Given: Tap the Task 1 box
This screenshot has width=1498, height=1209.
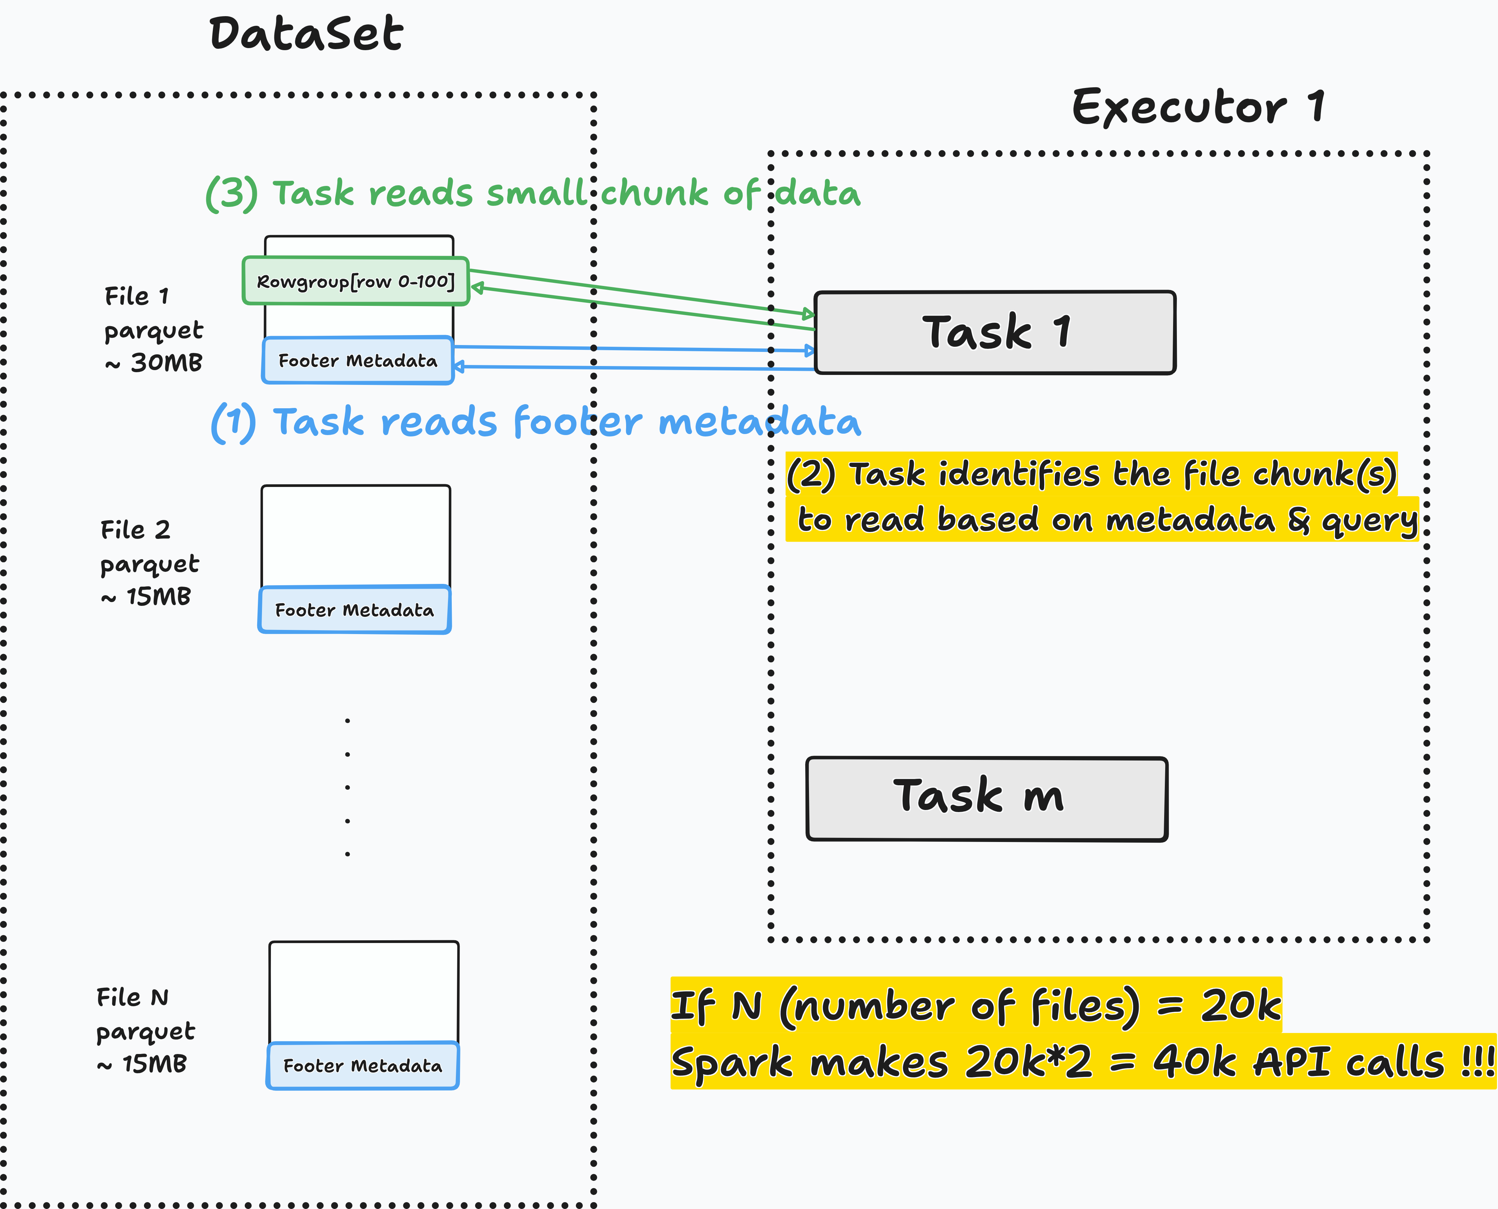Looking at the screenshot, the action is click(x=995, y=332).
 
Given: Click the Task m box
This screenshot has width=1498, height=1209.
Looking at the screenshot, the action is click(x=987, y=799).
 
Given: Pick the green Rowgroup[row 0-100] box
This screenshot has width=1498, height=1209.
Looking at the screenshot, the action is click(x=356, y=281).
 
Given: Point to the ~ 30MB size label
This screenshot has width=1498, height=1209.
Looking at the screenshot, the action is click(x=153, y=363).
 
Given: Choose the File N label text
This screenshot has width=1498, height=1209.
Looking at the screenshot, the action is click(x=132, y=997).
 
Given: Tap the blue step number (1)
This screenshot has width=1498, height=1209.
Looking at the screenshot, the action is click(x=233, y=422).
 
